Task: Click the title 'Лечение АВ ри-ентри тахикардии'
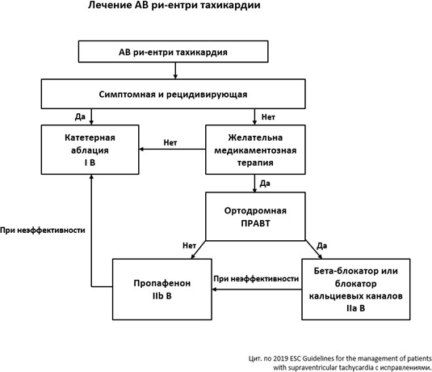click(x=174, y=5)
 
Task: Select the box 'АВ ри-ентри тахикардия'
click(x=174, y=52)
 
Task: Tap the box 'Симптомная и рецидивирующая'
click(x=174, y=94)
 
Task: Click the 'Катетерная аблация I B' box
click(x=90, y=150)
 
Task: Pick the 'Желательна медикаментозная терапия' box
click(x=255, y=150)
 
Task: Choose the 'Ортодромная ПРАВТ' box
click(x=255, y=217)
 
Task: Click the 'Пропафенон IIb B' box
click(x=162, y=290)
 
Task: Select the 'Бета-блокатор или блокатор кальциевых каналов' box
click(x=356, y=290)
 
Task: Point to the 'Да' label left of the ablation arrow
click(x=80, y=116)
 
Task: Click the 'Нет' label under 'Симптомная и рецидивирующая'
click(x=268, y=117)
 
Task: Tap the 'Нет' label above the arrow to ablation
click(x=170, y=142)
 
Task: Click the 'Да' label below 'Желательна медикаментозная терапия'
click(x=265, y=184)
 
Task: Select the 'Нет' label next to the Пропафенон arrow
click(x=189, y=245)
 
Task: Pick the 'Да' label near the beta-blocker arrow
click(x=322, y=246)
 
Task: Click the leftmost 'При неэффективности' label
click(x=43, y=230)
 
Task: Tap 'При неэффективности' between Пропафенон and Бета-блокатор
click(x=256, y=279)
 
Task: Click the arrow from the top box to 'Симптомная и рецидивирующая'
click(x=175, y=70)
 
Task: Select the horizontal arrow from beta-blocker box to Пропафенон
click(x=257, y=290)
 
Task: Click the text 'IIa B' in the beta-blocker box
click(x=356, y=308)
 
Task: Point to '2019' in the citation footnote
click(x=280, y=358)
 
